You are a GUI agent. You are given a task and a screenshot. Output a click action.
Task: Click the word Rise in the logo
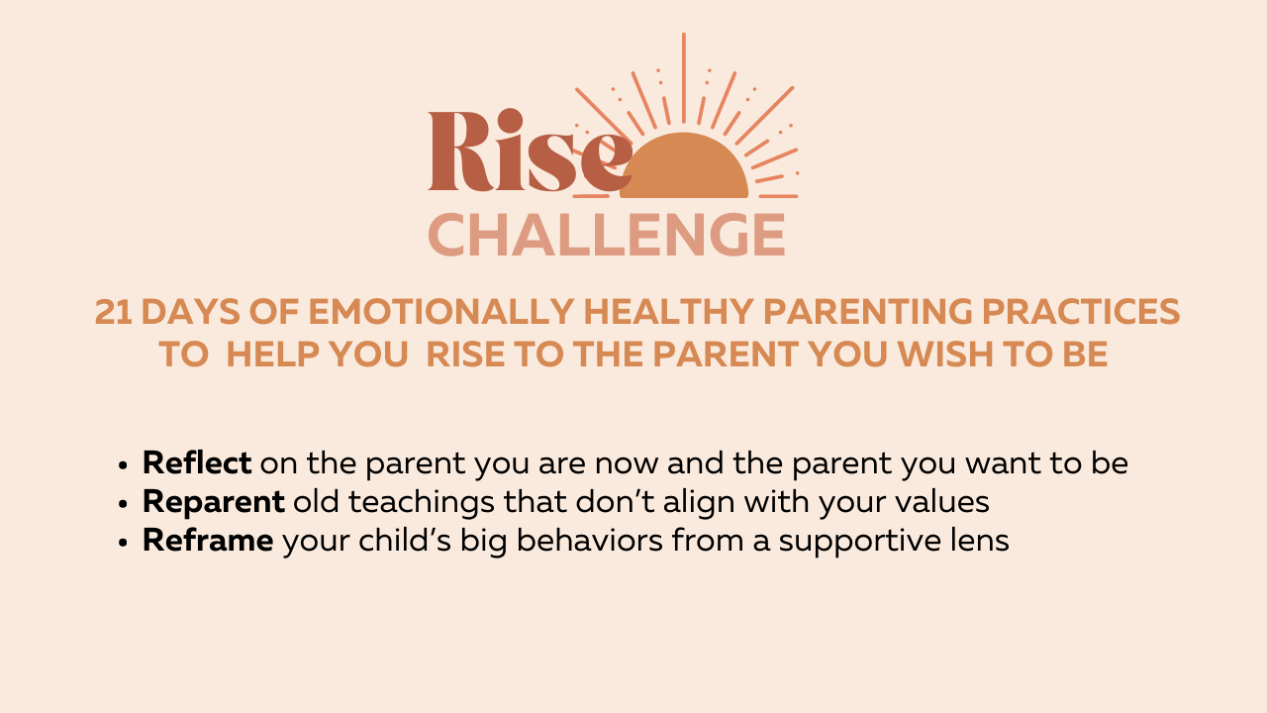[530, 151]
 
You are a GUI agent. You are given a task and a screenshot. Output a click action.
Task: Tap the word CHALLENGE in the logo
[607, 235]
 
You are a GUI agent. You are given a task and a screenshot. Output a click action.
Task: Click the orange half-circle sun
[684, 165]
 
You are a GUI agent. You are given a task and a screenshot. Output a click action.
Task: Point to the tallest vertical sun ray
[684, 78]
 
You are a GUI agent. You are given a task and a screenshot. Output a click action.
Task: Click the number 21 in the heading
[113, 312]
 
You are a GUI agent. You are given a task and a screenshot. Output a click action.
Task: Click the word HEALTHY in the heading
[668, 312]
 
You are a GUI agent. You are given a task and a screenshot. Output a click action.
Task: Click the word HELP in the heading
[273, 355]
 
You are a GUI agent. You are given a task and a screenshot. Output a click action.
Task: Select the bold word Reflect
[197, 462]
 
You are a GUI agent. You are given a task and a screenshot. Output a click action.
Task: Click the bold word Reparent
[213, 502]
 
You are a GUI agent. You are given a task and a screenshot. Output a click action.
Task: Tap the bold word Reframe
[208, 540]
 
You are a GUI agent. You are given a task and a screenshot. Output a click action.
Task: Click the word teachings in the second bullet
[421, 502]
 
